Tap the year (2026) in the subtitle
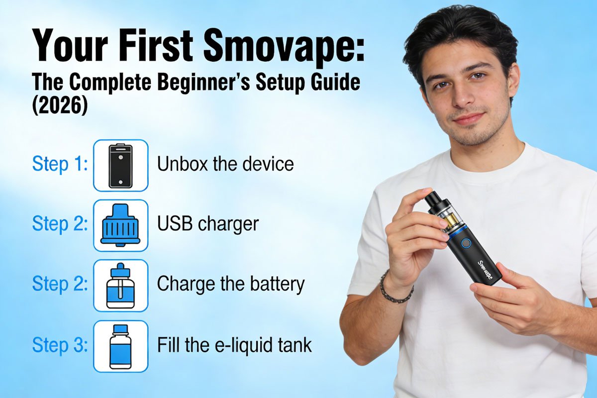coord(60,106)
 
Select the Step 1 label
coord(60,164)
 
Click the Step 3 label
coord(60,345)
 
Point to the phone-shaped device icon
coord(121,166)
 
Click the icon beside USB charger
coord(120,224)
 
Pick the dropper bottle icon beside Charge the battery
coord(120,286)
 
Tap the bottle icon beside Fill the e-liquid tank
coord(120,347)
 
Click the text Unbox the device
coord(225,164)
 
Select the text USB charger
coord(208,224)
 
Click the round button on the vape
coord(466,243)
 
